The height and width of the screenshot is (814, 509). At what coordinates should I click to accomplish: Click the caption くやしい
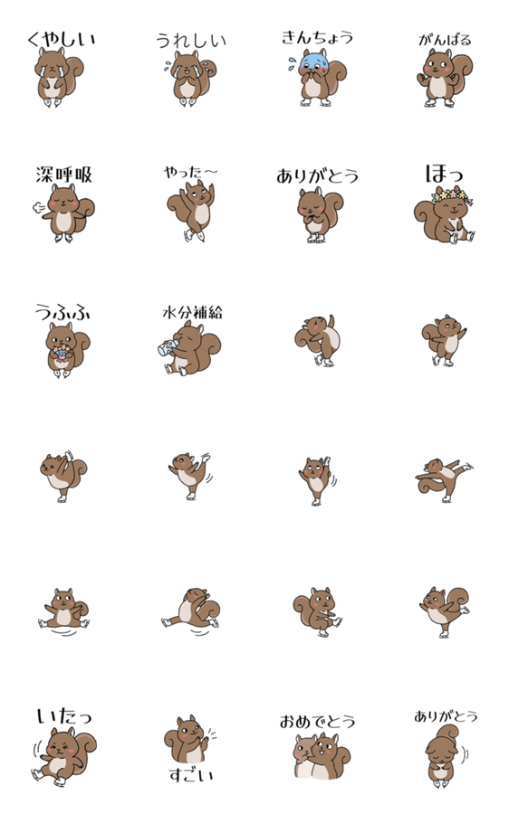(62, 40)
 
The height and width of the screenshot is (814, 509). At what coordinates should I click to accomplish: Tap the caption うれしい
(191, 41)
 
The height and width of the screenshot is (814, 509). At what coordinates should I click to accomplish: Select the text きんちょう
(317, 37)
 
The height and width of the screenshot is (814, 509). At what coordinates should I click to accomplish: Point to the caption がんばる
(445, 40)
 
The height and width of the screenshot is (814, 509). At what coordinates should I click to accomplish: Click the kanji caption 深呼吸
(63, 175)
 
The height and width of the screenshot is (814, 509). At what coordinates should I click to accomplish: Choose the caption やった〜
(191, 173)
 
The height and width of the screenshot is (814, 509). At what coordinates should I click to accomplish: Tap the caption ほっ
(444, 174)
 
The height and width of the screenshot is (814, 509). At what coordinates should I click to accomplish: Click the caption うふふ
(62, 312)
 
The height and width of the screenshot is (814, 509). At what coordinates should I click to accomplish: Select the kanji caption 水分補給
(192, 312)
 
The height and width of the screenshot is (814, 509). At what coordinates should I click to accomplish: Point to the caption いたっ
(64, 716)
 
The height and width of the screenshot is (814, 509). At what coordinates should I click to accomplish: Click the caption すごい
(191, 775)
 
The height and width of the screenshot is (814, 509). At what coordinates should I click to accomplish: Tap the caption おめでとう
(317, 722)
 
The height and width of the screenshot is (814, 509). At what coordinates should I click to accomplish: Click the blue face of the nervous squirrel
(314, 62)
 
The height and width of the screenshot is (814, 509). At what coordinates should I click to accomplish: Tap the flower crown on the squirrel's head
(450, 195)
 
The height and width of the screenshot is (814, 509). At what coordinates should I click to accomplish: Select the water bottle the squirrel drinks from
(168, 348)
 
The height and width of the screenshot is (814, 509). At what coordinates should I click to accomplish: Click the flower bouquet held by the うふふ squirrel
(61, 353)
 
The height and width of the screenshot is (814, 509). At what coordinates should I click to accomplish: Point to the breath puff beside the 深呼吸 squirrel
(39, 208)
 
